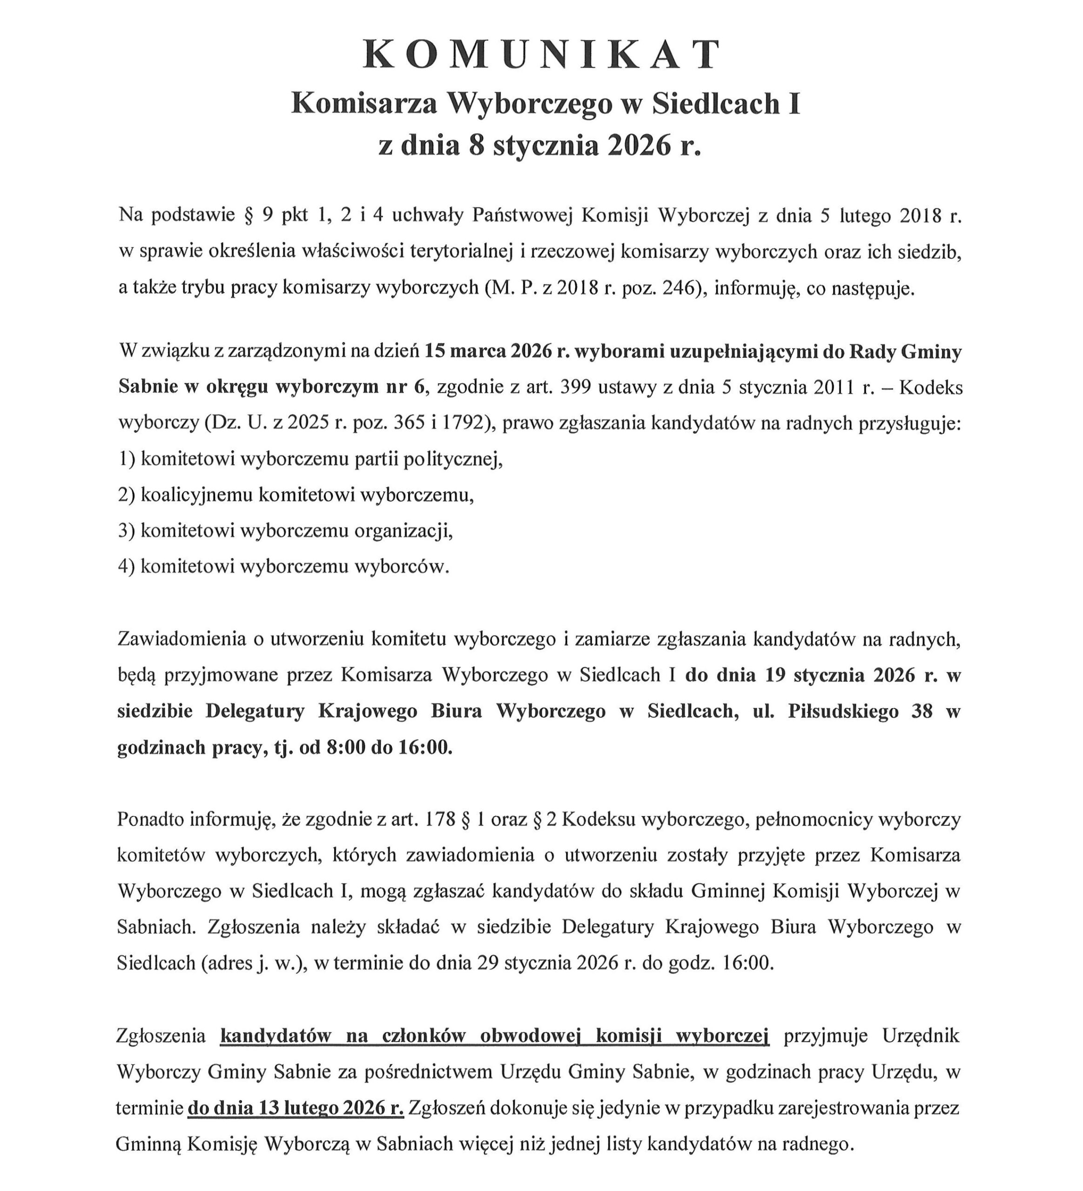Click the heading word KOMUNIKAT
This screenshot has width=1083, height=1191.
[x=541, y=55]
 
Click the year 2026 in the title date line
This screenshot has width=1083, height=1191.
[x=632, y=145]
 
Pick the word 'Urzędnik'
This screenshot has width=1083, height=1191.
[x=921, y=1036]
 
